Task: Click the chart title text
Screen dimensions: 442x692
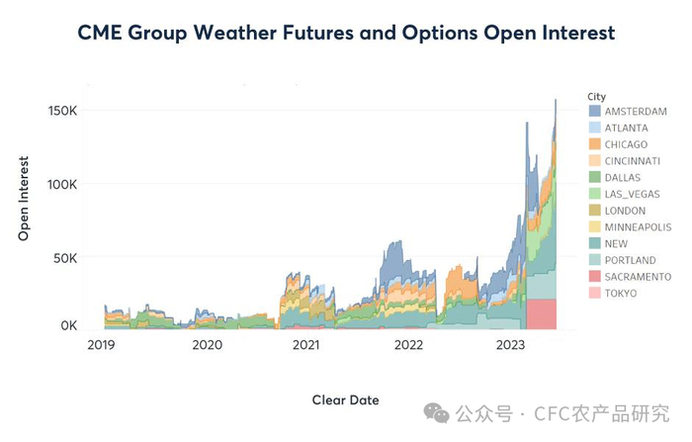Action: (x=346, y=33)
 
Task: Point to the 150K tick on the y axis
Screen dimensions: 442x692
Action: (x=62, y=110)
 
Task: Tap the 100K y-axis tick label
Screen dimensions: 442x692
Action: (x=62, y=184)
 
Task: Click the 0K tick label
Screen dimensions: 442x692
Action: (x=68, y=324)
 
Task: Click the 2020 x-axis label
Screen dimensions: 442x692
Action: (x=207, y=345)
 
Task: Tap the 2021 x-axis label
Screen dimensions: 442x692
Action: (x=306, y=345)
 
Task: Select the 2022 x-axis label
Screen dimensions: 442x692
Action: (x=407, y=345)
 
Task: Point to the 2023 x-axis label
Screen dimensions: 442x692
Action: (x=509, y=345)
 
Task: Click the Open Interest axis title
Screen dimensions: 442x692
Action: (x=24, y=198)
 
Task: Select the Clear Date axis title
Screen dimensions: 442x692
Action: (x=345, y=399)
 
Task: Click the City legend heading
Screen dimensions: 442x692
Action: (x=596, y=96)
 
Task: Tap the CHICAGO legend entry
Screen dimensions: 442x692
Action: (x=626, y=144)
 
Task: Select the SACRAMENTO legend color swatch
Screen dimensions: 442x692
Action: (x=595, y=277)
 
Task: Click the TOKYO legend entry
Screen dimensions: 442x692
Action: (x=621, y=294)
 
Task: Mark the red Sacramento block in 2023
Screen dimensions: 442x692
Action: (x=541, y=313)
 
